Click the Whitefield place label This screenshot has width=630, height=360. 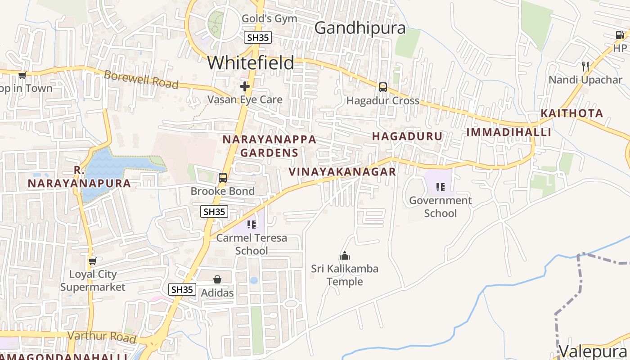pyautogui.click(x=251, y=63)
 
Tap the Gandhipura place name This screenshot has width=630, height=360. pyautogui.click(x=360, y=28)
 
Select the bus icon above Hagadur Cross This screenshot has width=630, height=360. pyautogui.click(x=382, y=87)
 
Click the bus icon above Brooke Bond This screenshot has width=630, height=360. pyautogui.click(x=223, y=178)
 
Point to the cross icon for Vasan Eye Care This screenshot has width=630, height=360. pyautogui.click(x=245, y=86)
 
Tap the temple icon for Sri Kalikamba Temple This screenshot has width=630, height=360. pyautogui.click(x=345, y=256)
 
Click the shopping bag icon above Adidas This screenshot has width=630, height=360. pyautogui.click(x=217, y=280)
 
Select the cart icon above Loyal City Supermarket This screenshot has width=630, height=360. pyautogui.click(x=93, y=261)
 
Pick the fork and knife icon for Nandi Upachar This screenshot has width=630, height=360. pyautogui.click(x=585, y=67)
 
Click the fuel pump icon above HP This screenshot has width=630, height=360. pyautogui.click(x=620, y=35)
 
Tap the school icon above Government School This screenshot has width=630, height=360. pyautogui.click(x=440, y=187)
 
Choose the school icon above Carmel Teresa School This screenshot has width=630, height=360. pyautogui.click(x=252, y=224)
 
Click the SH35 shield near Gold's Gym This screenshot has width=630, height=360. pyautogui.click(x=258, y=37)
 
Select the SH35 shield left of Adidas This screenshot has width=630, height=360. pyautogui.click(x=182, y=289)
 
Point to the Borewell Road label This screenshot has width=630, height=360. pyautogui.click(x=141, y=80)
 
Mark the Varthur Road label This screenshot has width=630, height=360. pyautogui.click(x=101, y=336)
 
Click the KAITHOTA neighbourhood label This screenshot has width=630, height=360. pyautogui.click(x=571, y=113)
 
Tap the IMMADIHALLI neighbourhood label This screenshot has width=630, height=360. pyautogui.click(x=508, y=132)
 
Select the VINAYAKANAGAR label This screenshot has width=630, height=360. pyautogui.click(x=342, y=171)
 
